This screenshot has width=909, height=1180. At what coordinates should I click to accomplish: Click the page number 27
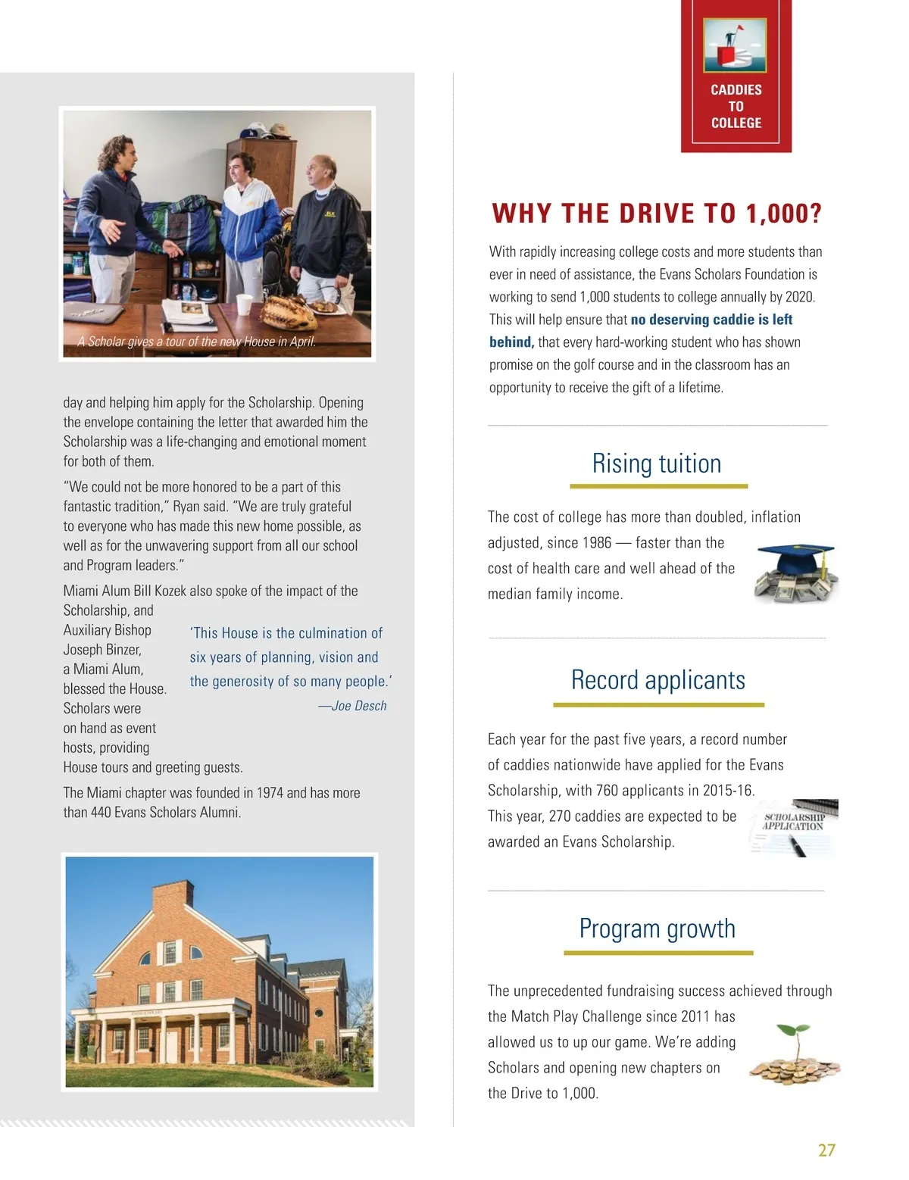pos(826,1150)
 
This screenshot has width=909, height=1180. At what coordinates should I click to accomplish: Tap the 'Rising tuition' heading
pos(657,464)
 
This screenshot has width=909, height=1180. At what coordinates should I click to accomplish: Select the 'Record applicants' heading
pos(658,680)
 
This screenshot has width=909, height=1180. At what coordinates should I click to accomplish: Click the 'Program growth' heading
pos(657,929)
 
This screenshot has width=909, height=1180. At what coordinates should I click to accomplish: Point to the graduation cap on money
pos(796,573)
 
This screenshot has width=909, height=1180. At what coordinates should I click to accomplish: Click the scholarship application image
pos(793,827)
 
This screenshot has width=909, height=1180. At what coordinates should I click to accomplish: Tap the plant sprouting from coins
pos(795,1054)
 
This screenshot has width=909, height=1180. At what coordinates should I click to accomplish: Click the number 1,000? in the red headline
pos(784,214)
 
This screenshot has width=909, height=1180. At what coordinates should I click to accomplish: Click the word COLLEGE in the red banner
pos(736,123)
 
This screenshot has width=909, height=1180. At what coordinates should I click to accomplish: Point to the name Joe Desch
pos(359,706)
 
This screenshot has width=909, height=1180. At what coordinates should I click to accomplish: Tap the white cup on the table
pos(244,303)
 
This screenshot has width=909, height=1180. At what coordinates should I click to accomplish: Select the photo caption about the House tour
pos(196,342)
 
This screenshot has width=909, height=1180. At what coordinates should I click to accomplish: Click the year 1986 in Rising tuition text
pos(596,543)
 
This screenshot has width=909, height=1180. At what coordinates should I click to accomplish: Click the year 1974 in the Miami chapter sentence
pos(270,793)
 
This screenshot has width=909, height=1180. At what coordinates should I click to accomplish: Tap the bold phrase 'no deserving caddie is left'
pos(711,320)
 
